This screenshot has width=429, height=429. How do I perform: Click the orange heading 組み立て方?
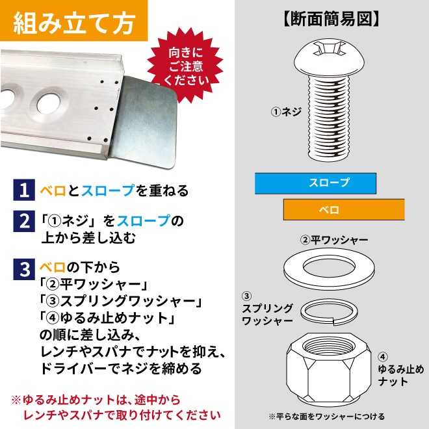click(74, 23)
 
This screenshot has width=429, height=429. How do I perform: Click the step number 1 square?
click(24, 190)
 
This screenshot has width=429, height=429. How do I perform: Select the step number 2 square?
click(24, 221)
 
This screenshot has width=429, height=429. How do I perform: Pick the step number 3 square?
click(24, 269)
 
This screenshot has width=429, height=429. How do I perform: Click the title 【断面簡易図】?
click(330, 19)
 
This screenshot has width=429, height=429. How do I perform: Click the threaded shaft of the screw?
click(330, 118)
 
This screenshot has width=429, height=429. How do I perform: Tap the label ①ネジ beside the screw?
click(286, 112)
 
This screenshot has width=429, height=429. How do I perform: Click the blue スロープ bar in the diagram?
click(315, 183)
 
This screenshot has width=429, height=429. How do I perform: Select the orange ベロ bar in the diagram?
click(344, 209)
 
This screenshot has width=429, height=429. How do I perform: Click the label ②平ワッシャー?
click(334, 240)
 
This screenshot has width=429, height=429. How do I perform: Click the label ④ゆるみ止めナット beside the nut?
click(400, 369)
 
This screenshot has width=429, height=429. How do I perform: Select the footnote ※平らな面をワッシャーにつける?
click(327, 417)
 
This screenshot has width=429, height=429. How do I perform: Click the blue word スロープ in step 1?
click(108, 190)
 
